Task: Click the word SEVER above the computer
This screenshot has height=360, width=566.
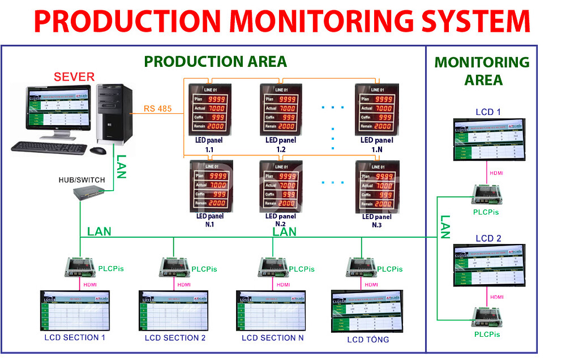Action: pos(74,77)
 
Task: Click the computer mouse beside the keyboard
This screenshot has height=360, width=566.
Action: pos(98,151)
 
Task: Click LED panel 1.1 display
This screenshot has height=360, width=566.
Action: pos(210,108)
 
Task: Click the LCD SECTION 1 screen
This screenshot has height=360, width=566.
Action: pos(75,311)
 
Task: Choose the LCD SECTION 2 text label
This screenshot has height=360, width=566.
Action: pos(175,338)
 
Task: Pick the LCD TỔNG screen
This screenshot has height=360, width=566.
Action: pos(367,311)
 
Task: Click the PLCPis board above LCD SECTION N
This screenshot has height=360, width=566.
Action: pos(273,267)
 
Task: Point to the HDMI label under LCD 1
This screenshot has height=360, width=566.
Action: pos(496,173)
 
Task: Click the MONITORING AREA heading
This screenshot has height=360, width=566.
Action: pos(482,71)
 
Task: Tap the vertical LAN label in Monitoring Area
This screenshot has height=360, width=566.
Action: pos(445,226)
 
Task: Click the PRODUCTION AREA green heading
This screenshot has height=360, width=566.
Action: pos(215,61)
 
